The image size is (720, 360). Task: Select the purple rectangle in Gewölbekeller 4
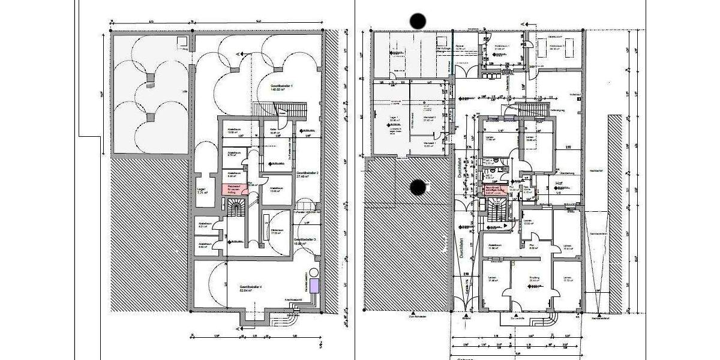point(314,286)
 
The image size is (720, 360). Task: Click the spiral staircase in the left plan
point(237,209)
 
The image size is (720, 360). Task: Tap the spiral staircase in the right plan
point(496,210)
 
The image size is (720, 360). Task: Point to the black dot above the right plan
point(418,21)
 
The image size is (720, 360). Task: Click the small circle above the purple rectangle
point(313,271)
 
